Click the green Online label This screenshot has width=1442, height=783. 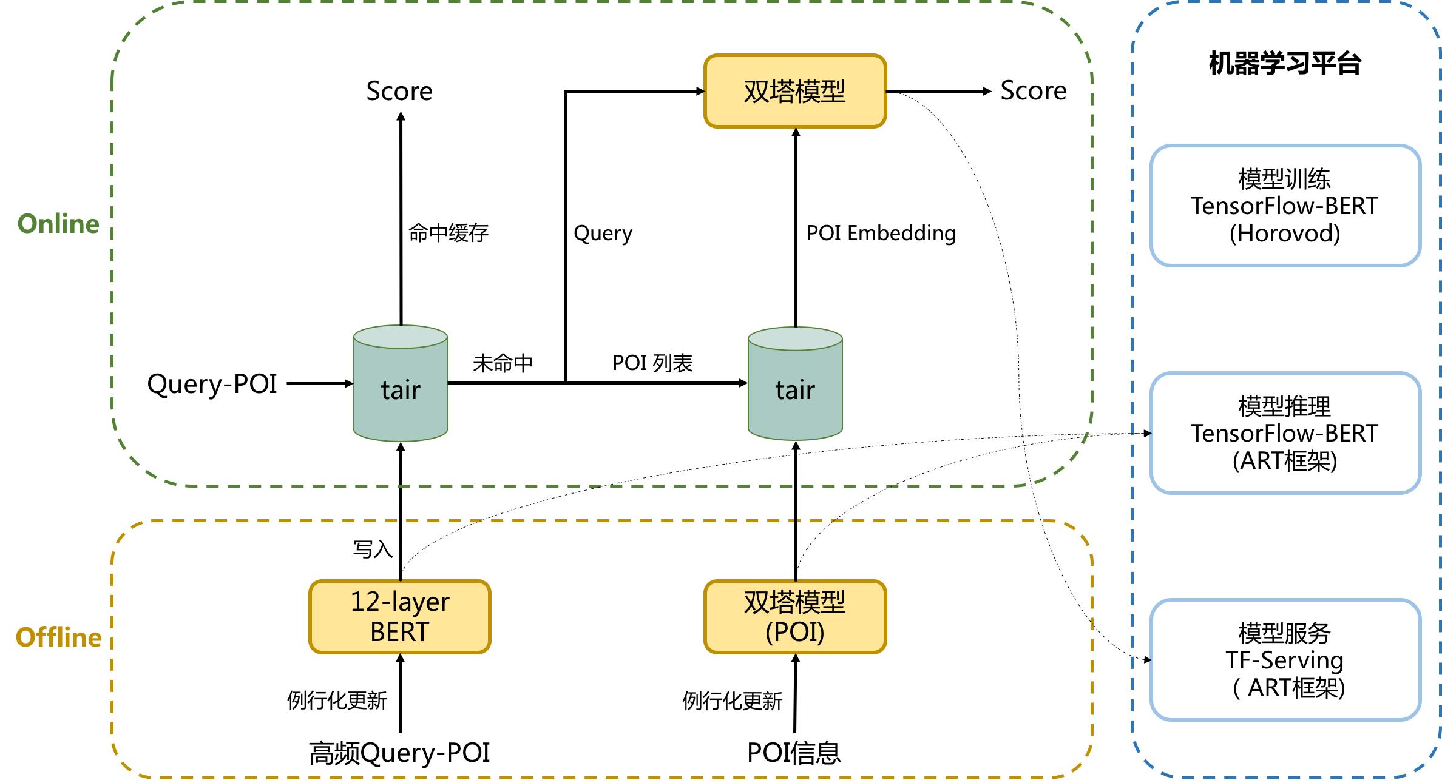click(58, 224)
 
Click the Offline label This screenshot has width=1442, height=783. click(58, 637)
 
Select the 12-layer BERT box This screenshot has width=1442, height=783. click(400, 616)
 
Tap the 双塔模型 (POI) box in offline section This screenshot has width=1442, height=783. click(795, 616)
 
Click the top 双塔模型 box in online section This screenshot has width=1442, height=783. click(795, 91)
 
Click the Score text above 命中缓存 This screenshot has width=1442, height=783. click(399, 92)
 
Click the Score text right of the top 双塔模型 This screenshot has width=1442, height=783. click(1034, 91)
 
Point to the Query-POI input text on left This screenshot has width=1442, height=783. click(212, 384)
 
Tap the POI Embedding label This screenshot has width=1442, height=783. click(881, 233)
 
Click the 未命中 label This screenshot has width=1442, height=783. click(503, 363)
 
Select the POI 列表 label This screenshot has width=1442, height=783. click(652, 363)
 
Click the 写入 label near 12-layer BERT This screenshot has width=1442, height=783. click(373, 549)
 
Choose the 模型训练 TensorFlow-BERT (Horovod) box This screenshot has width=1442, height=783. click(1285, 206)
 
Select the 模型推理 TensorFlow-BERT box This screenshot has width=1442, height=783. click(1285, 433)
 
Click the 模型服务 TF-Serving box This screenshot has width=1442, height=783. click(1285, 660)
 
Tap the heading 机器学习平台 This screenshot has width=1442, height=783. click(1285, 63)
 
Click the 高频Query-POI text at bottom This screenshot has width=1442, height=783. click(399, 753)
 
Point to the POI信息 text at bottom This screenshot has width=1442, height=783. click(794, 753)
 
